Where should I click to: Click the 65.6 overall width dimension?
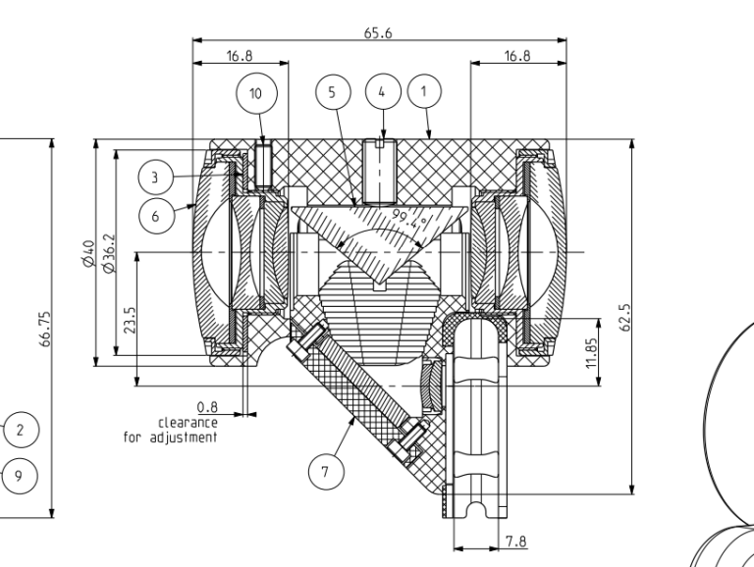(379, 31)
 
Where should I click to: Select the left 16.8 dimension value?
(241, 57)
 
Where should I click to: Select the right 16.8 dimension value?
(517, 57)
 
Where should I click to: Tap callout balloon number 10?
(256, 93)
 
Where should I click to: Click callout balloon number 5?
(332, 91)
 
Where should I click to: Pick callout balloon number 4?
(383, 91)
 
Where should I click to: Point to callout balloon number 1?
(424, 91)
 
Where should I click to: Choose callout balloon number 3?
(154, 178)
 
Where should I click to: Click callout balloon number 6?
(154, 216)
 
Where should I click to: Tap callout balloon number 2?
(21, 429)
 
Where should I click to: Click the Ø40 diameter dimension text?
(88, 253)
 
